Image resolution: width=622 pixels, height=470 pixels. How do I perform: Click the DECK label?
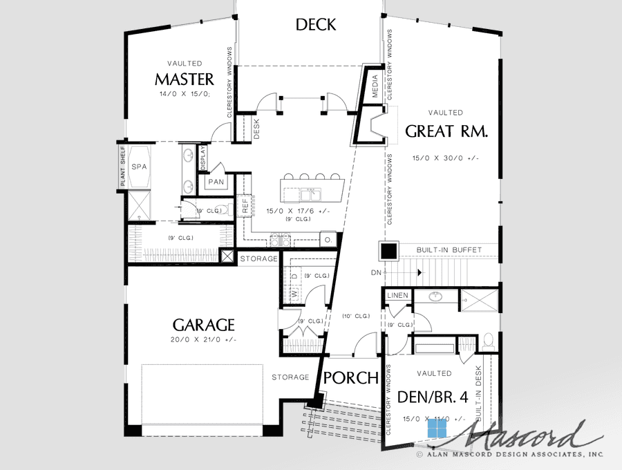(316, 25)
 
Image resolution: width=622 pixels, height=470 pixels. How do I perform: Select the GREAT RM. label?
(446, 131)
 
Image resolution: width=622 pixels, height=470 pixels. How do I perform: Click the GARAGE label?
(204, 325)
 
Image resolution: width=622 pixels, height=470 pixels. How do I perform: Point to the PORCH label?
(351, 378)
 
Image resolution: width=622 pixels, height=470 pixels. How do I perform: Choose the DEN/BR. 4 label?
(433, 397)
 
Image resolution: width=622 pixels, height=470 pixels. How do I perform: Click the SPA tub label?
(140, 167)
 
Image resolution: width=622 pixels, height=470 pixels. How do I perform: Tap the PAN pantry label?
(215, 182)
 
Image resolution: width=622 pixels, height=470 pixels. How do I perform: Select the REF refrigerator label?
(245, 205)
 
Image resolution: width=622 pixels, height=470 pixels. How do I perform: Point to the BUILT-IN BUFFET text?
(449, 250)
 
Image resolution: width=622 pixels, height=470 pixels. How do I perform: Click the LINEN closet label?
(398, 296)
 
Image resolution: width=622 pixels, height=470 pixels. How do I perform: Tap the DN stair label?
(376, 273)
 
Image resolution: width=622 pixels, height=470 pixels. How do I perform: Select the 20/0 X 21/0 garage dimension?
(204, 339)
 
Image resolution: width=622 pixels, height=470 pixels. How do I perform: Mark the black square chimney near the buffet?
(388, 250)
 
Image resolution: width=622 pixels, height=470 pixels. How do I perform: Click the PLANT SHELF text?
(122, 166)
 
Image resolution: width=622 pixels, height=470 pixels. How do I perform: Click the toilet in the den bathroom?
(487, 339)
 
